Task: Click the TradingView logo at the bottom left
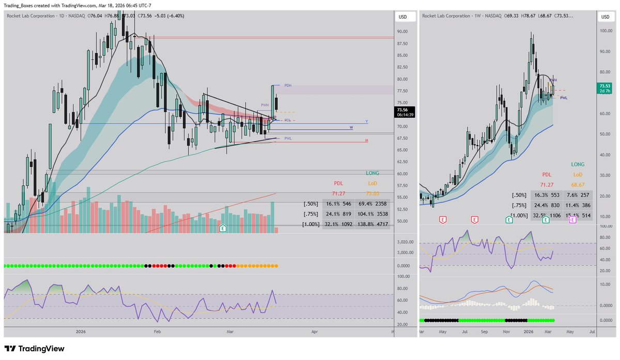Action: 35,349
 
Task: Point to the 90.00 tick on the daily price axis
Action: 403,32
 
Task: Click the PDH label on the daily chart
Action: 288,85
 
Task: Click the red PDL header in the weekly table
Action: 547,175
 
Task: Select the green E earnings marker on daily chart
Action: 223,228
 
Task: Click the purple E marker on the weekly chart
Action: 572,220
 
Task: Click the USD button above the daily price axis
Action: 403,17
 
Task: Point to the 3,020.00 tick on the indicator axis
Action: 405,242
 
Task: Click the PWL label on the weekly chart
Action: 564,98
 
